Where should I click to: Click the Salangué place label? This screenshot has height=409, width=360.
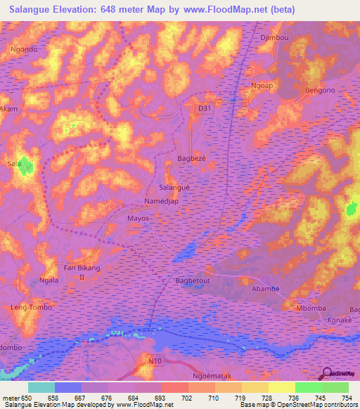174,188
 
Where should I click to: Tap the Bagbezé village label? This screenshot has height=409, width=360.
191,159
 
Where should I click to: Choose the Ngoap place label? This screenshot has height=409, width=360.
262,85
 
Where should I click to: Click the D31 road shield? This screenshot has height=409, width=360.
204,108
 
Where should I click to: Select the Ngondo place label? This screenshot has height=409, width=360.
24,50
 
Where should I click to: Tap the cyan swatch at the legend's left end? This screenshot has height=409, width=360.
41,387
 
